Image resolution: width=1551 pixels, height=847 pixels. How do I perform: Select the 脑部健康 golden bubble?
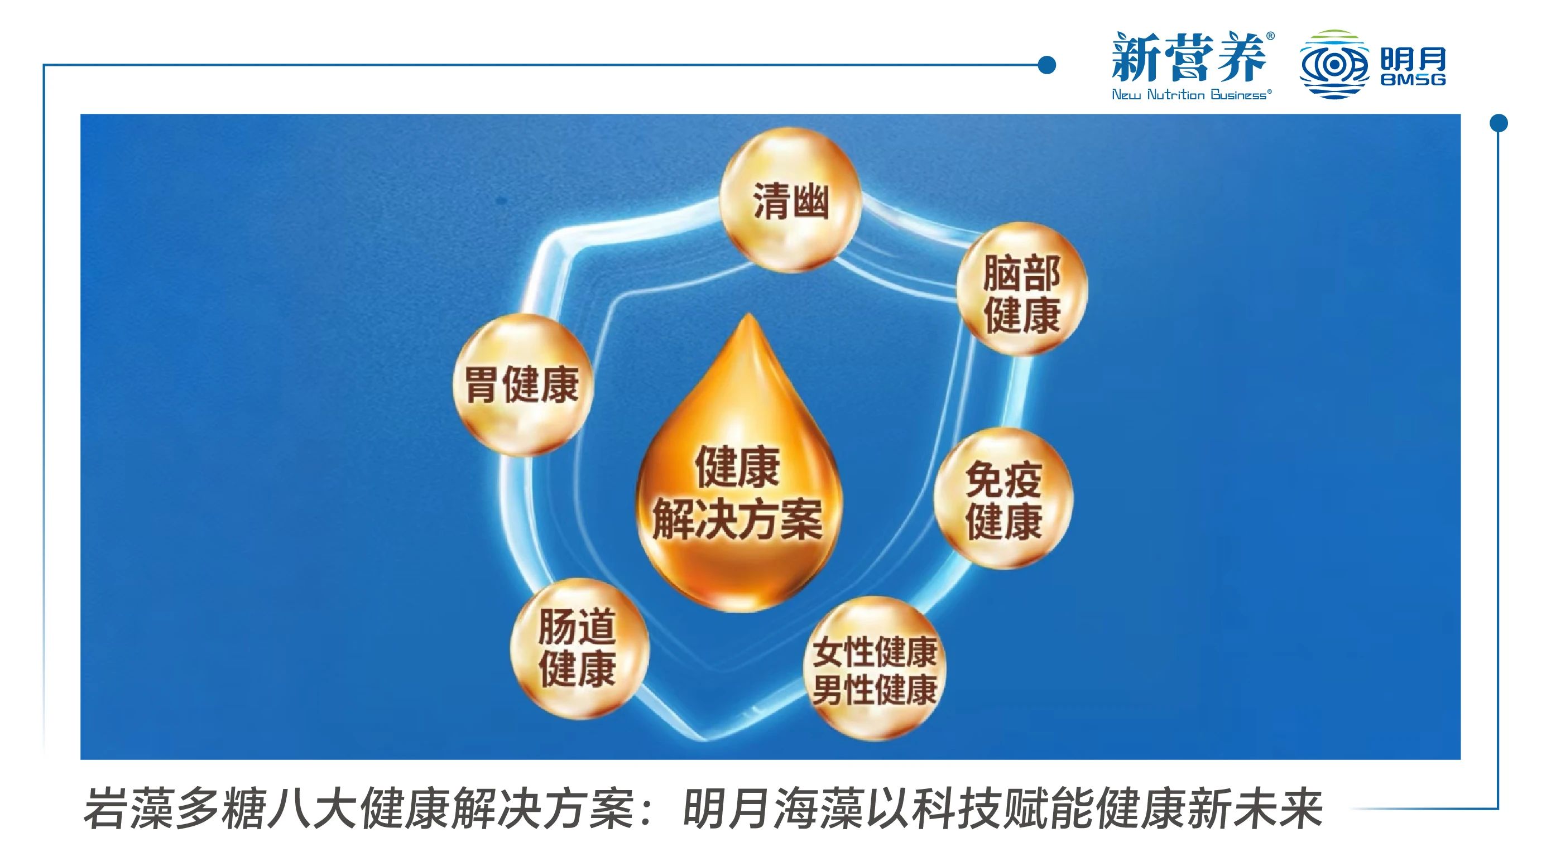(1022, 289)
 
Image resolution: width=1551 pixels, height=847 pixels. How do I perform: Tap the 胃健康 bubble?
(522, 384)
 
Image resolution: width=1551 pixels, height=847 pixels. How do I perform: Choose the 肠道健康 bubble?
(579, 649)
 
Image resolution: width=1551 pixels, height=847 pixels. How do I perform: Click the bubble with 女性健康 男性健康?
(875, 669)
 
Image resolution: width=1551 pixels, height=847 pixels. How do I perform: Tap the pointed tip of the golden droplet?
(748, 314)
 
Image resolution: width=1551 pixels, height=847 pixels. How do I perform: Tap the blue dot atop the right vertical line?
(1499, 123)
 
